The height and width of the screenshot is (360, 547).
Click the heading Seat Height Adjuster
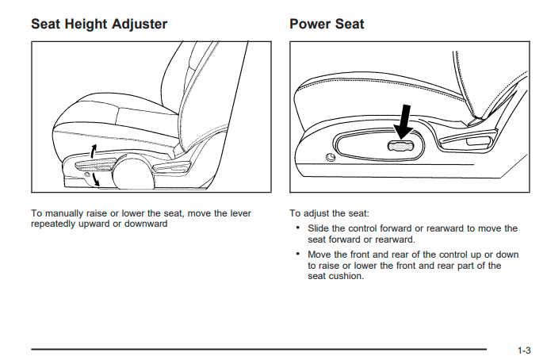tap(99, 25)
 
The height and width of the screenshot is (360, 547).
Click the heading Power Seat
tap(327, 24)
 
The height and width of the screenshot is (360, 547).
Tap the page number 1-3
tap(524, 350)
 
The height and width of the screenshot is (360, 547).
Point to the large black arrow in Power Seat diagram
tap(404, 122)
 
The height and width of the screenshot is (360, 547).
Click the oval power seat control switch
tap(401, 146)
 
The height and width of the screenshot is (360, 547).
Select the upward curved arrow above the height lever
tap(93, 151)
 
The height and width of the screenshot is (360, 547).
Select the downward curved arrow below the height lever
tap(95, 180)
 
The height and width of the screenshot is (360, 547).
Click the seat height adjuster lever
tap(96, 164)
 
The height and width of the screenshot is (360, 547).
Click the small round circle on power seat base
tap(331, 158)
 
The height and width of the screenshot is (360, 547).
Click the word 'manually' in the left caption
tap(64, 213)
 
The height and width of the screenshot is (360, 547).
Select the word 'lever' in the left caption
tap(241, 213)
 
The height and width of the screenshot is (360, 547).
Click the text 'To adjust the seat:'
tap(329, 213)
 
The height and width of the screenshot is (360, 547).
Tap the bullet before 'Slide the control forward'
tap(297, 228)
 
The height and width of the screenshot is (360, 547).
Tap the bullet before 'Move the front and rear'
tap(297, 254)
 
